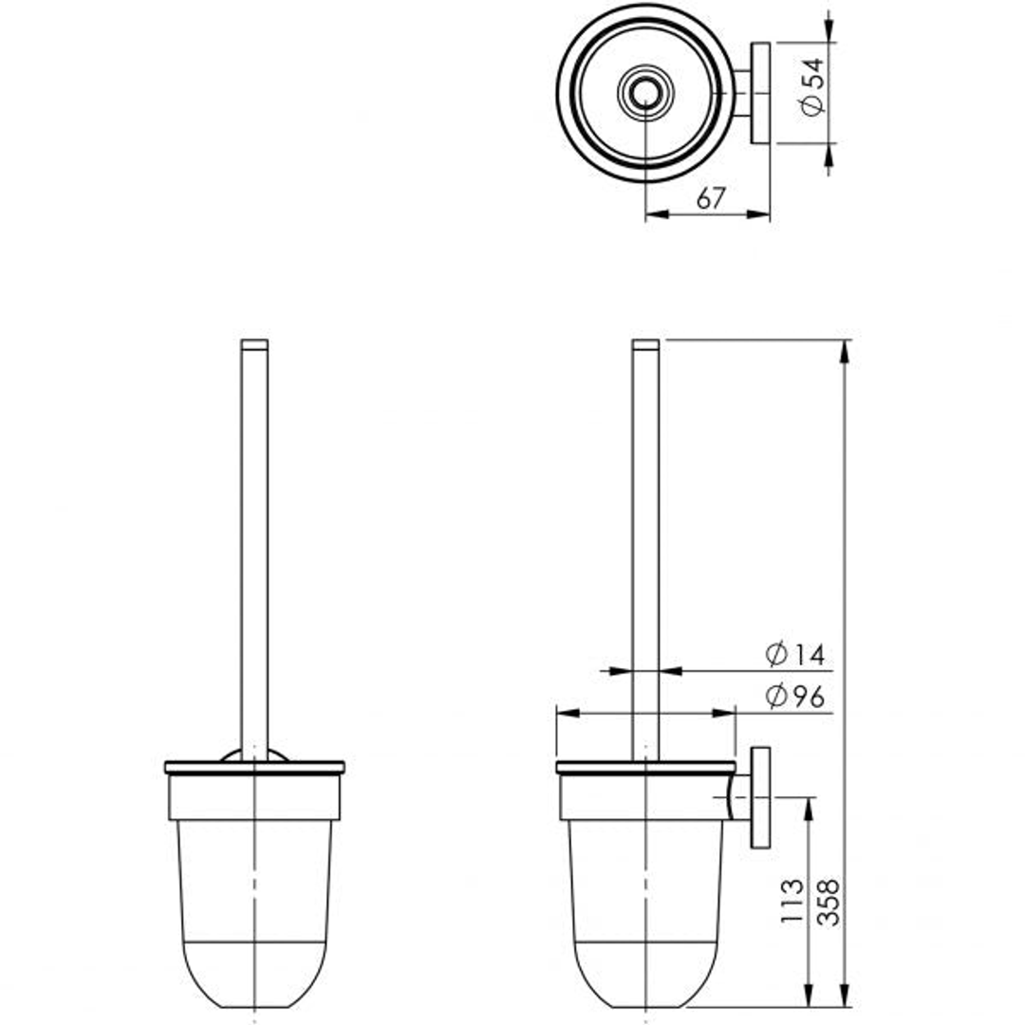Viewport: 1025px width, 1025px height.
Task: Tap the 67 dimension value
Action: [x=711, y=198]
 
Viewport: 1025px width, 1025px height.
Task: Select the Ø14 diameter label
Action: [x=795, y=655]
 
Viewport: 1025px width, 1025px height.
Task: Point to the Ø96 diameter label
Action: [x=795, y=698]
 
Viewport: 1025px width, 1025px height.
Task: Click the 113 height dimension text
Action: [x=792, y=903]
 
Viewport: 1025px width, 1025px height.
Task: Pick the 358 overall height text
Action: [x=828, y=903]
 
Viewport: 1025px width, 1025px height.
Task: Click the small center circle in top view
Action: [x=645, y=93]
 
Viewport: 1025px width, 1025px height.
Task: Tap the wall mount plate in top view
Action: [x=760, y=93]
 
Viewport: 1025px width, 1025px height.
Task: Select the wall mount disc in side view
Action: [x=760, y=797]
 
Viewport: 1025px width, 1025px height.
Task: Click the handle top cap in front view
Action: [x=254, y=345]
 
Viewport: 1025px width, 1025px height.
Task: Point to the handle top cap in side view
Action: [x=645, y=345]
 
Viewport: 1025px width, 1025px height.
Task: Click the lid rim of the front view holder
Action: [x=254, y=767]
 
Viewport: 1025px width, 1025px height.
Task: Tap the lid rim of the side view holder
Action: [x=645, y=767]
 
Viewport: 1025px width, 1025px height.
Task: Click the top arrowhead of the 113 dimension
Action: [x=808, y=808]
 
